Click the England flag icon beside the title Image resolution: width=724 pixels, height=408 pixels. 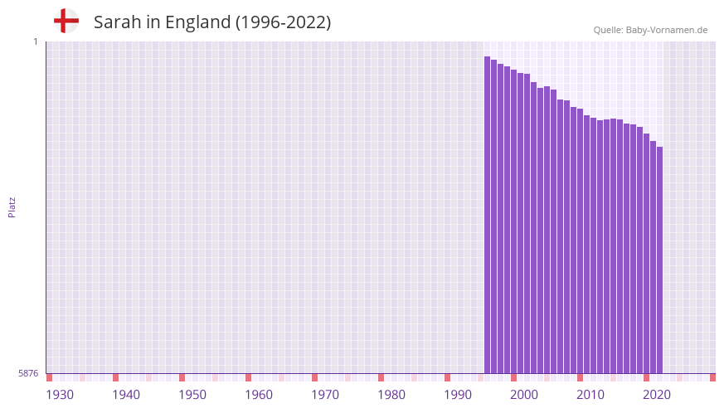click(x=66, y=21)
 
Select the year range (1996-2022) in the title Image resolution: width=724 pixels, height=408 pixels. click(x=283, y=22)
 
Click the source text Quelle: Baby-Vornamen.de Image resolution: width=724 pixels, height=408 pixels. click(x=650, y=30)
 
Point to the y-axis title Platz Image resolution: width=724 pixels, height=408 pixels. click(x=12, y=207)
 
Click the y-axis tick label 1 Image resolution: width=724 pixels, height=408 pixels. click(x=35, y=41)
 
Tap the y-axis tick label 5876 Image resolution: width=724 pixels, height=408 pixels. click(x=28, y=373)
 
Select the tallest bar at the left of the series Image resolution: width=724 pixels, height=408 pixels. click(x=488, y=216)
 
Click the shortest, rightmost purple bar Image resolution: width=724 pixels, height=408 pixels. click(x=659, y=260)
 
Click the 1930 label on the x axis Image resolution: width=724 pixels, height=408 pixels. click(x=60, y=395)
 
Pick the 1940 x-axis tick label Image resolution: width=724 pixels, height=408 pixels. click(x=126, y=395)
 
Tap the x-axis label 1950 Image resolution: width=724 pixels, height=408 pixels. click(x=192, y=395)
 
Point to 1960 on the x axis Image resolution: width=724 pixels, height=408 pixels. click(x=259, y=395)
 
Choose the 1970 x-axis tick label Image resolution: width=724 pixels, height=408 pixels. click(x=325, y=395)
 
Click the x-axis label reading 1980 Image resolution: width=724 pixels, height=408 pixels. click(x=391, y=395)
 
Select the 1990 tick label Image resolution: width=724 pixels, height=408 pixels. click(x=458, y=395)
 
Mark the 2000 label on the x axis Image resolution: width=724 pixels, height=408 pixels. click(x=524, y=395)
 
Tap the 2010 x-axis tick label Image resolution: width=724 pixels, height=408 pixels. click(x=590, y=395)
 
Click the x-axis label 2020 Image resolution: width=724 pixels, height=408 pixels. click(x=657, y=395)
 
